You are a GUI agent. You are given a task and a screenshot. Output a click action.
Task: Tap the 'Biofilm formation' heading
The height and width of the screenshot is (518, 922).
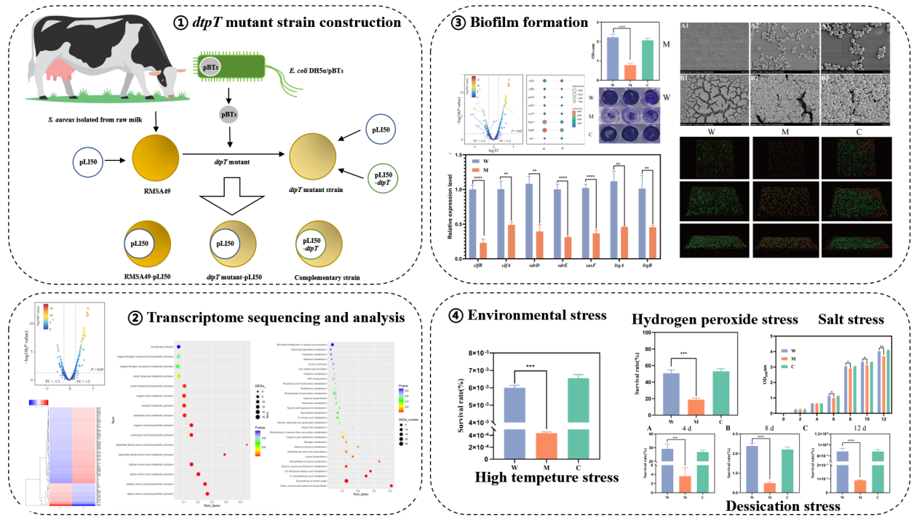524,23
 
